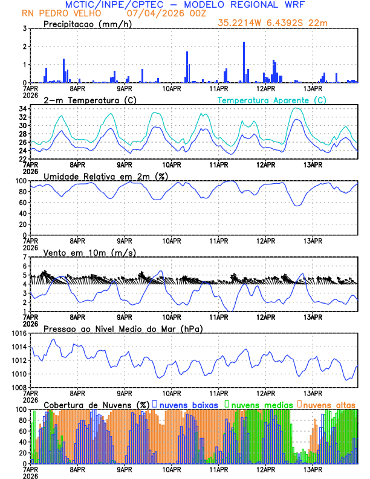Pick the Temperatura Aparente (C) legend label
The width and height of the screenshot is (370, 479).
click(272, 100)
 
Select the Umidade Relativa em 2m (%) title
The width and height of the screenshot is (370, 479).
click(106, 176)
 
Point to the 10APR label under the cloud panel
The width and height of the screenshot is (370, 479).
click(172, 469)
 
